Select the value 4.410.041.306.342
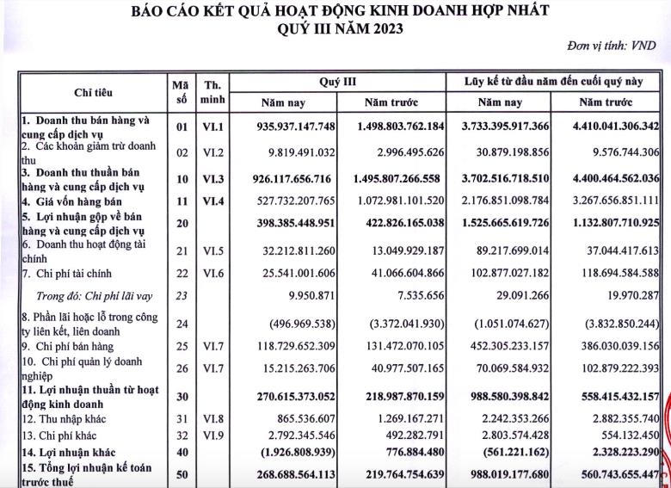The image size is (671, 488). pos(606,127)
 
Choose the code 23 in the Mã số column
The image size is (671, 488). pos(181,295)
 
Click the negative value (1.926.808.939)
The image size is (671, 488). pos(288,450)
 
